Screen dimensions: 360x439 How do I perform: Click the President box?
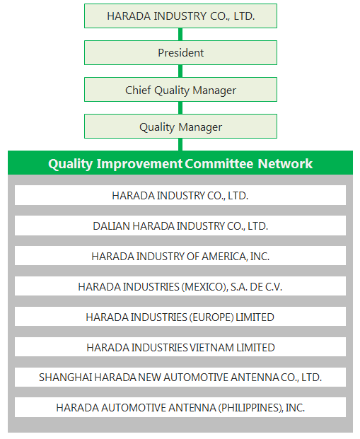coord(180,52)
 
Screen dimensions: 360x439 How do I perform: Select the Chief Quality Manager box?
coord(180,90)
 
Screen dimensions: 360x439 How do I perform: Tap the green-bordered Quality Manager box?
coord(180,127)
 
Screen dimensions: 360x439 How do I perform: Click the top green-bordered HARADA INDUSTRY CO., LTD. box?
coord(180,16)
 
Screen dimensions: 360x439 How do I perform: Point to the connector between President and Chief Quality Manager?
coord(180,71)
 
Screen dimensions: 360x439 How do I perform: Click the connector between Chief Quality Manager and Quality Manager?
coord(180,107)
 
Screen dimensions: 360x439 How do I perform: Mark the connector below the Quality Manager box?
coord(180,144)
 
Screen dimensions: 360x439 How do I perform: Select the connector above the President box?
coord(180,35)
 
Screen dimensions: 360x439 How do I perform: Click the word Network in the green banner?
coord(285,163)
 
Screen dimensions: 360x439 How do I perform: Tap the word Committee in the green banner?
coord(219,163)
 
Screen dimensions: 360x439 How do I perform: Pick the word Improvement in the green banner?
coord(139,164)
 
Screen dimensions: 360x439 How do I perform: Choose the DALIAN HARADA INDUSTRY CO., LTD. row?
coord(180,226)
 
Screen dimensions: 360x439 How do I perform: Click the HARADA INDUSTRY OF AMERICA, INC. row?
coord(180,256)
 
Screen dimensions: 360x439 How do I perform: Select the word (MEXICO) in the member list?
coord(204,287)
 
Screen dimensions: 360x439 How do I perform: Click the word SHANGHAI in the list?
coord(66,377)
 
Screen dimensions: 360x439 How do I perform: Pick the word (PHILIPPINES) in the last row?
coord(250,408)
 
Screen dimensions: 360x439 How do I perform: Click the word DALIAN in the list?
coord(111,226)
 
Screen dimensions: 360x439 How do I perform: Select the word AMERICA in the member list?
coord(225,257)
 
